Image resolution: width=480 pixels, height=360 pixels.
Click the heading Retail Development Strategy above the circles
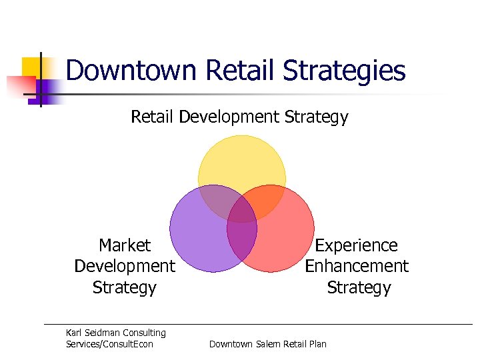(239, 117)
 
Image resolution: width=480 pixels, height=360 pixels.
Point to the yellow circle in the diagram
(242, 163)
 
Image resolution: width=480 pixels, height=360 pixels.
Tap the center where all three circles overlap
(242, 209)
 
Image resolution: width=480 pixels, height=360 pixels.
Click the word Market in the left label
(125, 245)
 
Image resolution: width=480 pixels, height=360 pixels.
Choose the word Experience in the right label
(356, 245)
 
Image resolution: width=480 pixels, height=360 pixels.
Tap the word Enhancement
(356, 266)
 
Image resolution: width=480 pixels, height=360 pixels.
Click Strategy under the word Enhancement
(359, 287)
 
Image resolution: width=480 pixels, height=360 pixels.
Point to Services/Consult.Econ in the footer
(109, 344)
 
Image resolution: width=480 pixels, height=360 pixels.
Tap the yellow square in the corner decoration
(32, 67)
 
